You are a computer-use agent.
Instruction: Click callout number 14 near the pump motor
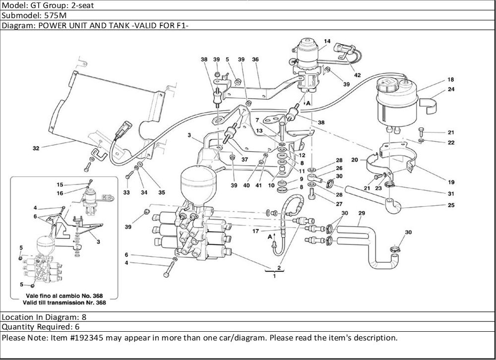click(x=327, y=41)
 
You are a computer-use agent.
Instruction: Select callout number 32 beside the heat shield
click(x=36, y=148)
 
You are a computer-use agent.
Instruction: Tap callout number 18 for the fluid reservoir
click(x=451, y=79)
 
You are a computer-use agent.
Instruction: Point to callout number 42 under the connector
click(x=357, y=75)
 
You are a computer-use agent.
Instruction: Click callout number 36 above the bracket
click(x=255, y=59)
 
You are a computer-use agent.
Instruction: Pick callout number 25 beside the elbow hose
click(x=451, y=205)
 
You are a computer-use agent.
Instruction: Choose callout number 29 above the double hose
click(x=362, y=213)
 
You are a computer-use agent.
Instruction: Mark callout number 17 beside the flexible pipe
click(x=255, y=231)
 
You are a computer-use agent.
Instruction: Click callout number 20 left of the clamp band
click(x=355, y=160)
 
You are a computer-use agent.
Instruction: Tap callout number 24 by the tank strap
click(x=451, y=89)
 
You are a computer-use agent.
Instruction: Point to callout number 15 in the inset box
click(x=60, y=184)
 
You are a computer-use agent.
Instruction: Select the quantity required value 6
click(x=77, y=327)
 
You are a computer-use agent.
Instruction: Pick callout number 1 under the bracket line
click(x=274, y=276)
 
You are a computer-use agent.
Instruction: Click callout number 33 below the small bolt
click(x=126, y=192)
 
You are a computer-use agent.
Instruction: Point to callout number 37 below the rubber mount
click(x=245, y=160)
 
